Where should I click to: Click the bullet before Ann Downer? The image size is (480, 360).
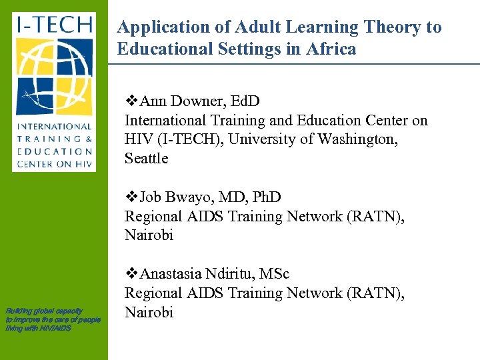(131, 101)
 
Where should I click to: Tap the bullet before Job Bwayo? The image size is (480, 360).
(131, 197)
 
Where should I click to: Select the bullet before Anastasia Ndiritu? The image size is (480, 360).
(131, 274)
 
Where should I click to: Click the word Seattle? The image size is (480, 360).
(146, 159)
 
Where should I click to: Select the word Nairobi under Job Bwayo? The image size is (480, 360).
(149, 235)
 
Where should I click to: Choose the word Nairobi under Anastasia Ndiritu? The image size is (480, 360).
(149, 312)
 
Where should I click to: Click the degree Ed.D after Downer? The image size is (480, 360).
(243, 101)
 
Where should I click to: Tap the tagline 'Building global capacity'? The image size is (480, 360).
(44, 311)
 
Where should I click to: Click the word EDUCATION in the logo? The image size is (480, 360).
(54, 151)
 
